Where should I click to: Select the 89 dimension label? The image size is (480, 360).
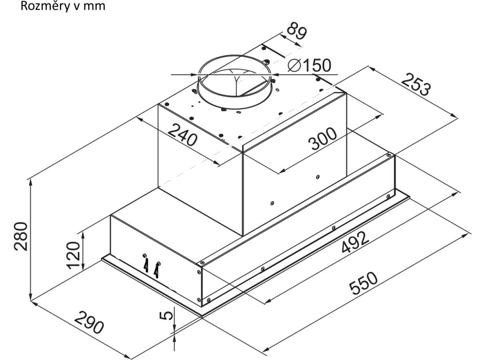click(x=297, y=32)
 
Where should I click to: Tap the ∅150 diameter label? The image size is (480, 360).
click(x=309, y=66)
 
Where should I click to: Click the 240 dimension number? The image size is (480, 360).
click(x=183, y=135)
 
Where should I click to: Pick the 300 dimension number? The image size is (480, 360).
click(x=322, y=139)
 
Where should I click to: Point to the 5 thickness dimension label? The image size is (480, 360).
click(x=165, y=315)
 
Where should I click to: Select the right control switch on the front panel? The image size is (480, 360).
click(x=157, y=270)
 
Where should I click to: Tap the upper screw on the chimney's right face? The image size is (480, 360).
click(x=318, y=177)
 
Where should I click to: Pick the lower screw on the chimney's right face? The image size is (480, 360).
click(x=272, y=203)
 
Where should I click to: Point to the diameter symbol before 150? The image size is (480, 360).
click(x=295, y=66)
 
